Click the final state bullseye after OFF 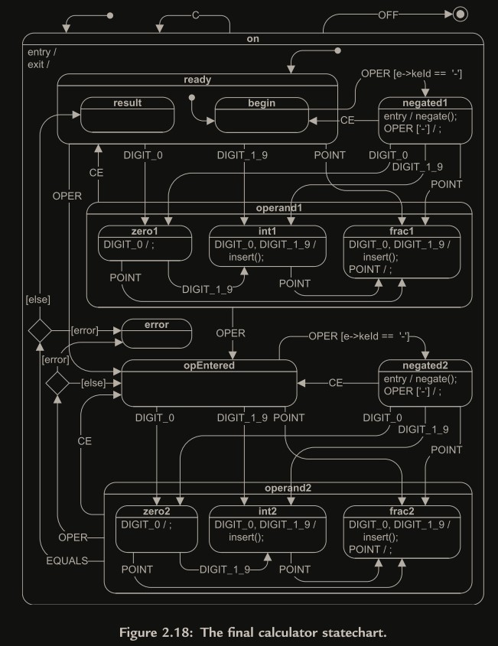[x=460, y=13]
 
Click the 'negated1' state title [x=425, y=103]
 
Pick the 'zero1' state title [x=145, y=230]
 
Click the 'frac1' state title [x=402, y=230]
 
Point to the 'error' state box [x=157, y=330]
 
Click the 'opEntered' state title [x=209, y=365]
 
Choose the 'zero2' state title [x=156, y=510]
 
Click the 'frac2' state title [x=402, y=510]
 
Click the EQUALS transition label [x=65, y=561]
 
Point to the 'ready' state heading [x=197, y=79]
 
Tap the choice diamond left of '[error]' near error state [x=39, y=330]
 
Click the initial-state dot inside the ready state [x=191, y=98]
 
